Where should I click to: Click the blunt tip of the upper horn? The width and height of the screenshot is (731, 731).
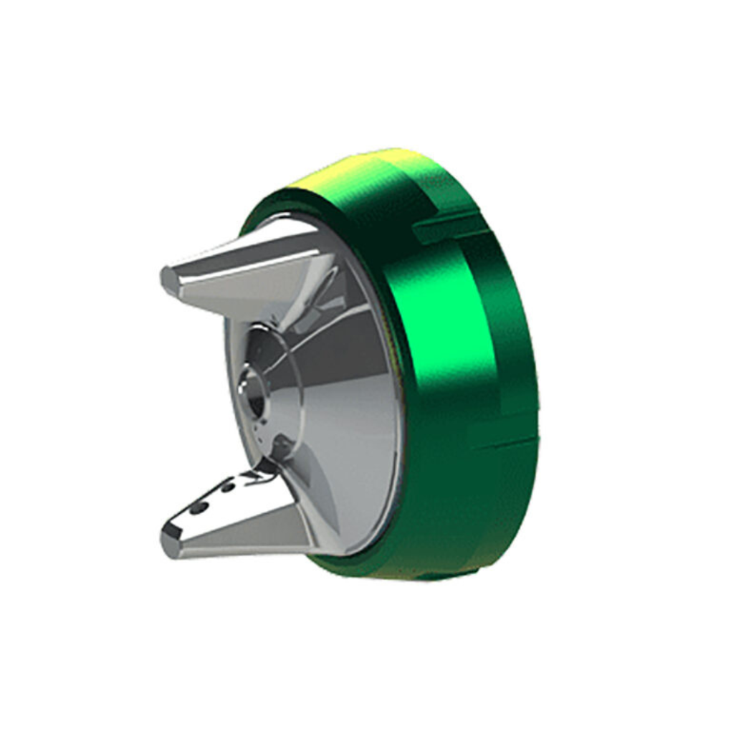[168, 278]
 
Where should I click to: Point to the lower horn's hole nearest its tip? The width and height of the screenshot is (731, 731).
[196, 507]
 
